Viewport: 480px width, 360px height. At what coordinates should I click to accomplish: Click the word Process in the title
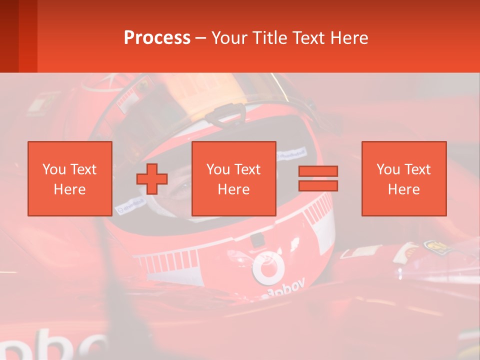pyautogui.click(x=157, y=38)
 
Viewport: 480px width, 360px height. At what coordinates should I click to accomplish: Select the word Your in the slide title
pyautogui.click(x=229, y=38)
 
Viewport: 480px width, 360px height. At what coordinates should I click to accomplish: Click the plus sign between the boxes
pyautogui.click(x=152, y=179)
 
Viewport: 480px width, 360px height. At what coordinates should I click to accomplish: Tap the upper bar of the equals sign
pyautogui.click(x=318, y=171)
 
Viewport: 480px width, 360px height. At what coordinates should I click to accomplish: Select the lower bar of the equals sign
pyautogui.click(x=318, y=186)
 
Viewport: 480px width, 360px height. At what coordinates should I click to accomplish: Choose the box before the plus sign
pyautogui.click(x=70, y=179)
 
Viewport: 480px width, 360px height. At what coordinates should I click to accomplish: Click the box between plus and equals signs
pyautogui.click(x=233, y=179)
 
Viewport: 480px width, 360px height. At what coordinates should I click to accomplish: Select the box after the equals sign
pyautogui.click(x=403, y=179)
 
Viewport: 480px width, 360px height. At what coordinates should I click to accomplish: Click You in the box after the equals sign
pyautogui.click(x=388, y=169)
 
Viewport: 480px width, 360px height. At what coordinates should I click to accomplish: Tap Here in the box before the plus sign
pyautogui.click(x=69, y=189)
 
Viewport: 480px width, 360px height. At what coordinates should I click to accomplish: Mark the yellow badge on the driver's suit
pyautogui.click(x=433, y=246)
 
